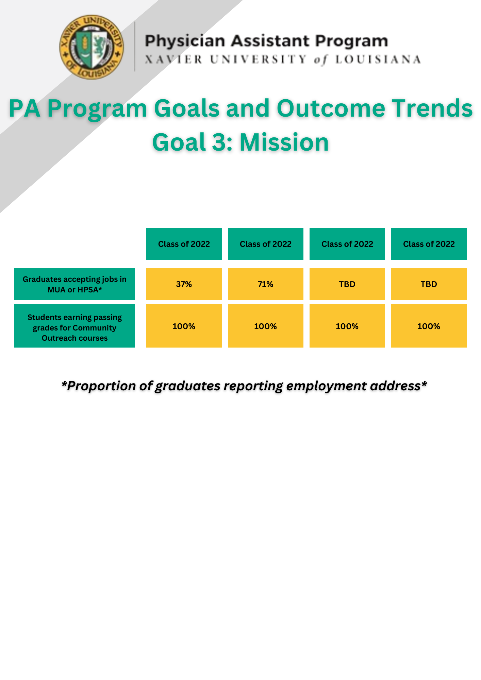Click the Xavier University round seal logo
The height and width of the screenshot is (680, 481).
click(x=92, y=47)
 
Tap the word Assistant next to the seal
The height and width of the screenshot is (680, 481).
click(x=270, y=41)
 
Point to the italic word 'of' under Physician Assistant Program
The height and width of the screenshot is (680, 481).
click(x=320, y=60)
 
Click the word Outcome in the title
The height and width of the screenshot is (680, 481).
click(x=331, y=108)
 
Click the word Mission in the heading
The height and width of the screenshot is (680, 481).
click(x=284, y=142)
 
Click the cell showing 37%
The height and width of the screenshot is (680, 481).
click(x=184, y=284)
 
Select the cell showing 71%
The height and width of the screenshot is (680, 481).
click(x=266, y=284)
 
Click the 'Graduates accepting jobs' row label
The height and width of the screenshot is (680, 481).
click(x=74, y=284)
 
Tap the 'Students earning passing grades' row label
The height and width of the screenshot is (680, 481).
click(x=74, y=326)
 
